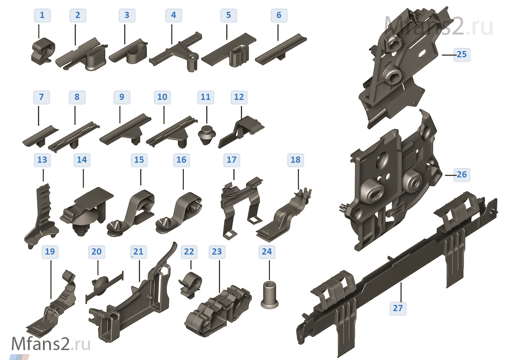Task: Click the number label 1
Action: [x=42, y=15]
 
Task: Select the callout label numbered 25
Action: [x=461, y=55]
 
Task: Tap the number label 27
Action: [x=398, y=308]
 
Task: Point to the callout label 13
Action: [x=42, y=160]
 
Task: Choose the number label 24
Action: [x=267, y=252]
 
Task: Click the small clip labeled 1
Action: [x=43, y=51]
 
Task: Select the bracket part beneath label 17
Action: [x=240, y=206]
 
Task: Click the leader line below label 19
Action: [x=51, y=279]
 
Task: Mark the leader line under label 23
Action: [x=220, y=276]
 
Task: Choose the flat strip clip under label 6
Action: [x=281, y=50]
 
